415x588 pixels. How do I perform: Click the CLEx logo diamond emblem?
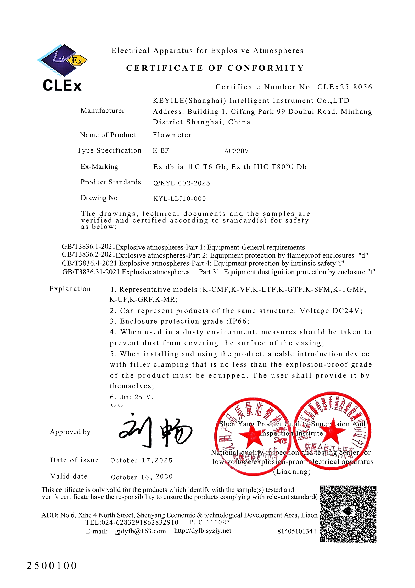coord(62,60)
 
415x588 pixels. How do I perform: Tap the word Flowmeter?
coord(172,135)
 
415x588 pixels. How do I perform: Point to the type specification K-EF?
coord(161,151)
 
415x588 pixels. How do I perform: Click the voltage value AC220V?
coord(236,151)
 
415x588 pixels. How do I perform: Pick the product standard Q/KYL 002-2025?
coord(182,183)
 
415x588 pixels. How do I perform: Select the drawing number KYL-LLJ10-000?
coord(180,199)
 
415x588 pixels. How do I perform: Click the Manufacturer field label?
coord(103,111)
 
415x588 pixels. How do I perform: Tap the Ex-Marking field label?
coord(99,167)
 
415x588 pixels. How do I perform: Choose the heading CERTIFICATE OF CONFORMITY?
coord(215,68)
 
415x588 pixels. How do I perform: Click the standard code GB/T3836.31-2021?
coord(91,272)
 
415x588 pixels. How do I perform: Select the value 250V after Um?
coord(143,397)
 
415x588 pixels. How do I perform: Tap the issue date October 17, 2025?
coord(141,460)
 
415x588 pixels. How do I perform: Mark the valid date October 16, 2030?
coord(142,477)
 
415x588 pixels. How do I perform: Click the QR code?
coord(348,514)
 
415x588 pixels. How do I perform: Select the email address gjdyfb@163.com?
coord(141,531)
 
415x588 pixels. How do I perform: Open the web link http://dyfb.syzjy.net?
coord(203,531)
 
